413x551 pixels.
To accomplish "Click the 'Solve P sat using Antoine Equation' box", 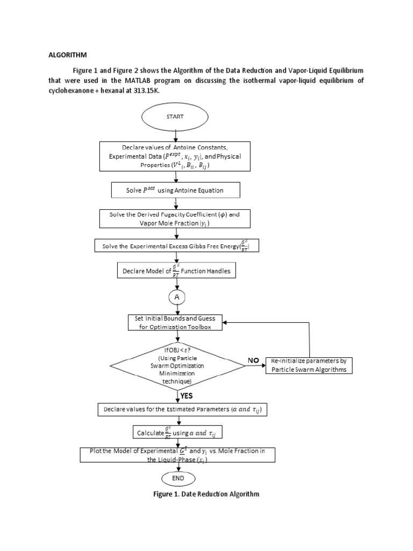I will pos(175,190).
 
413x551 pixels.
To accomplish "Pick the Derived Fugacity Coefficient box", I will pos(175,218).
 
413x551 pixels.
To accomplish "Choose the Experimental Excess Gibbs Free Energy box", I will pos(175,246).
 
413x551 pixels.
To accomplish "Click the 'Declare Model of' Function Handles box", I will pos(175,270).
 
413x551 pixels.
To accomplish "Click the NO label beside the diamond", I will pos(253,359).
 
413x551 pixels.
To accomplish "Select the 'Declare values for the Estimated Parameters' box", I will pos(183,410).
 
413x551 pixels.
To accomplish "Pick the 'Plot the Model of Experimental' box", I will pos(177,455).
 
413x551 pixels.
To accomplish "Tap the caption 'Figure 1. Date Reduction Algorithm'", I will pos(206,494).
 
